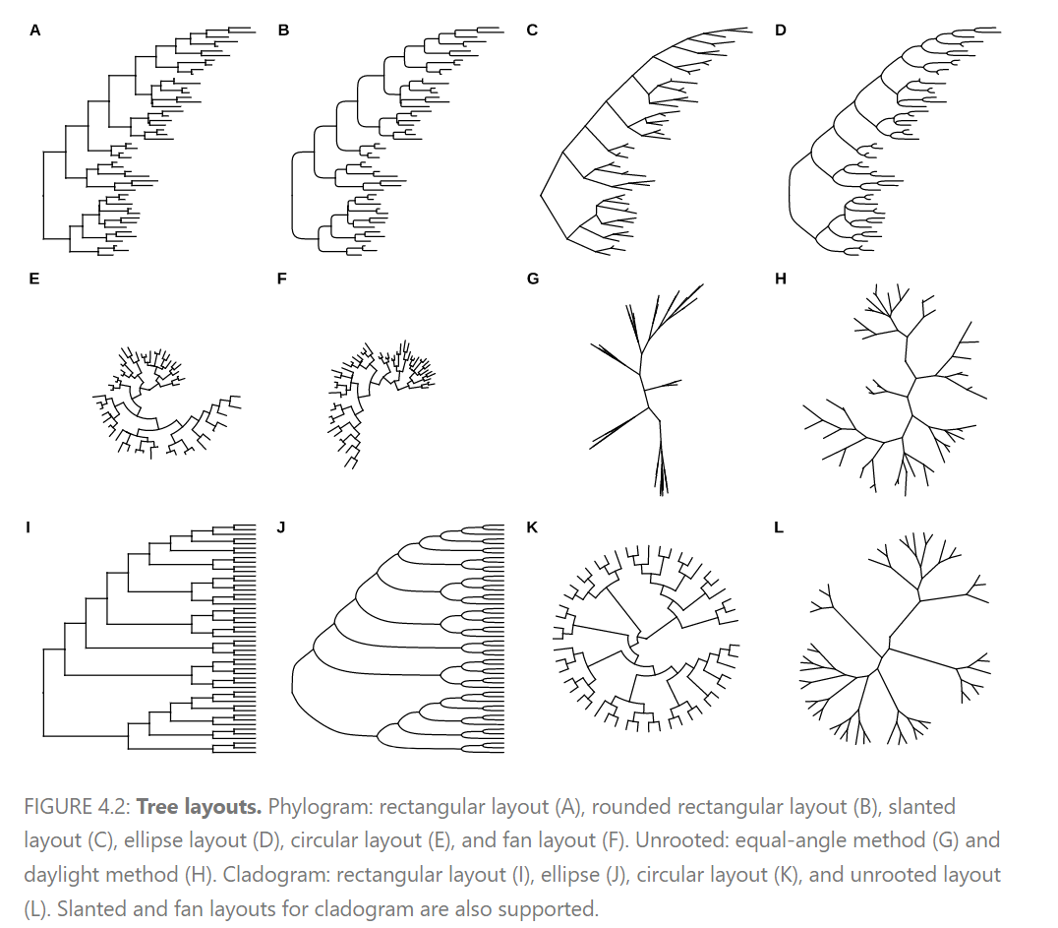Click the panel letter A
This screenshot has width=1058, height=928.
click(x=35, y=31)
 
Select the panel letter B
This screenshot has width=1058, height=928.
click(x=283, y=31)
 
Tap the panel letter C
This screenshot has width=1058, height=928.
click(x=532, y=31)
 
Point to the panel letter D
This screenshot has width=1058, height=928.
click(x=781, y=31)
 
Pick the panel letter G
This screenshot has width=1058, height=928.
click(x=532, y=278)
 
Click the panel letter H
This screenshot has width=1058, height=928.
click(x=781, y=278)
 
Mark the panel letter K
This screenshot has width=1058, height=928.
click(x=532, y=527)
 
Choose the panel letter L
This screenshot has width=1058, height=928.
click(x=780, y=527)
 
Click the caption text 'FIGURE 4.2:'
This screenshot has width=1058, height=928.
click(x=77, y=807)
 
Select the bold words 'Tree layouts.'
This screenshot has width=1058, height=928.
click(x=199, y=807)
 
